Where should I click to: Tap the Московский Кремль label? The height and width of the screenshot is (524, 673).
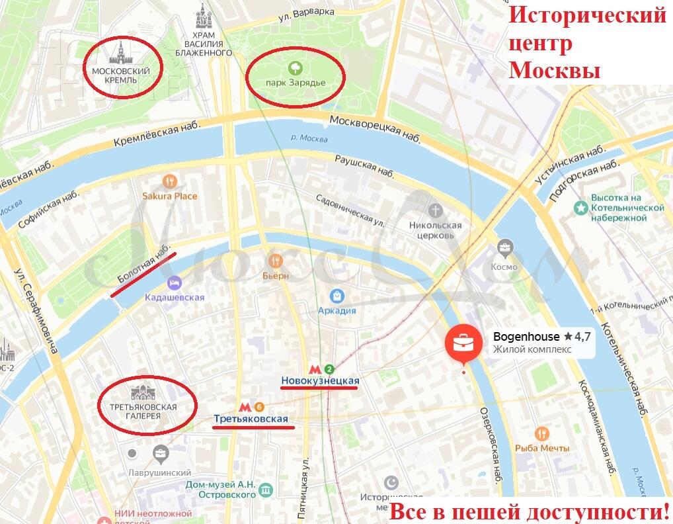coord(120,75)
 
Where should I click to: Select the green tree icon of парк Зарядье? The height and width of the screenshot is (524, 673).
coord(295,67)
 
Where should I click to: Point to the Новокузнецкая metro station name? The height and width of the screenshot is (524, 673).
coord(320,380)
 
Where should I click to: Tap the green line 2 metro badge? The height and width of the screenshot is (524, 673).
coord(329,369)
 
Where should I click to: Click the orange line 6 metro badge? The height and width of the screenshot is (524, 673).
coord(259,407)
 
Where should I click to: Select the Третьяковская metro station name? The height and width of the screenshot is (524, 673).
coord(251,419)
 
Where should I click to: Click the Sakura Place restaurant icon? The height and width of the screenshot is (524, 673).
coord(170,181)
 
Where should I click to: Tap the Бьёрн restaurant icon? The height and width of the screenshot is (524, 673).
coord(276,261)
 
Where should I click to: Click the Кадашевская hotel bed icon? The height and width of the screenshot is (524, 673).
coord(175,283)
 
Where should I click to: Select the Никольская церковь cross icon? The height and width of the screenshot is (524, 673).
coord(435,210)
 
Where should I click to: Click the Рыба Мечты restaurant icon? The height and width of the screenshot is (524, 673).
coord(542,433)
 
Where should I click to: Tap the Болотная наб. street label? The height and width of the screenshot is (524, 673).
coord(141,270)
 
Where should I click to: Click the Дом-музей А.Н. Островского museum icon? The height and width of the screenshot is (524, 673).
coord(266,490)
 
